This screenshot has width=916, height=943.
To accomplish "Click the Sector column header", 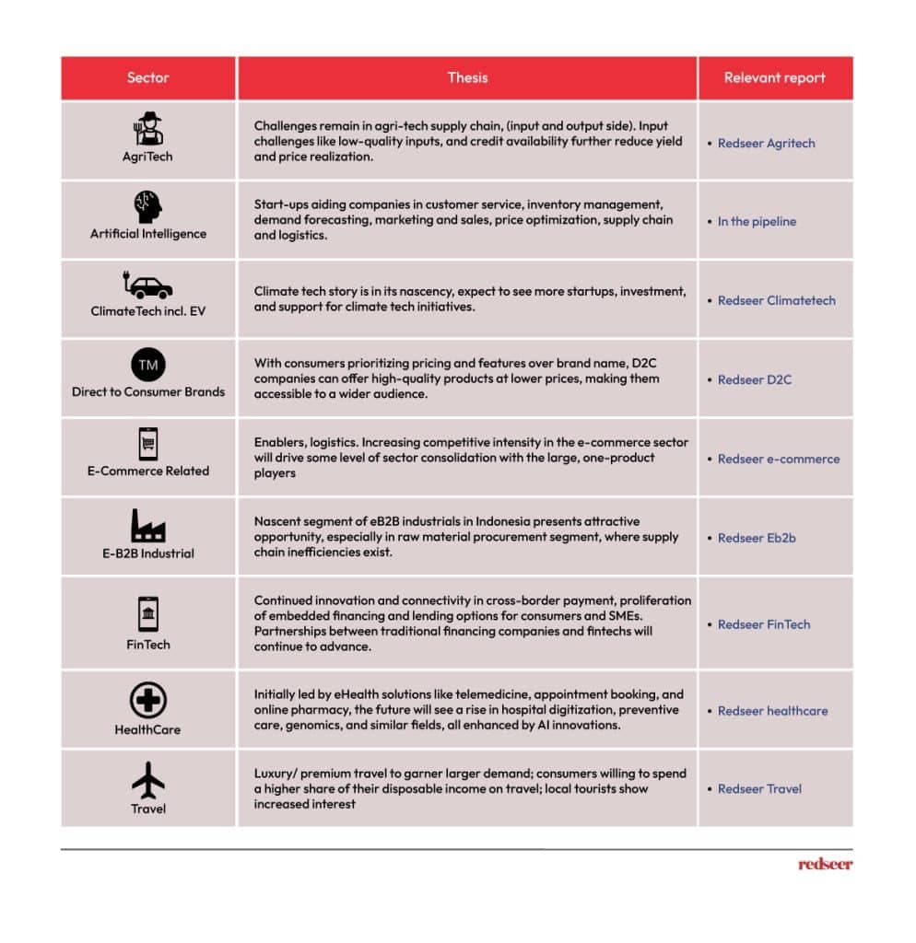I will click(x=148, y=78).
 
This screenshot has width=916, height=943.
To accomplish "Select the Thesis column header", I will click(x=467, y=78).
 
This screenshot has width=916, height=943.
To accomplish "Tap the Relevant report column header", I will click(x=775, y=78).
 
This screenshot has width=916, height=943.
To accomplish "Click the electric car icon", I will click(x=148, y=285).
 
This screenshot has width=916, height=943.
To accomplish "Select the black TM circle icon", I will click(x=148, y=365).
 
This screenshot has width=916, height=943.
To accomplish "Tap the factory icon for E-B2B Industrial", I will click(x=148, y=526).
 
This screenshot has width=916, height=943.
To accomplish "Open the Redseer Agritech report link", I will click(x=766, y=144).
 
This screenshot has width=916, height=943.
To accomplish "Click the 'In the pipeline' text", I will click(x=757, y=222).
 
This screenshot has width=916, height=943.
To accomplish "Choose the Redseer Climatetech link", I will click(x=776, y=301).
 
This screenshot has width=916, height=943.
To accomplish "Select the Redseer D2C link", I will click(x=754, y=379).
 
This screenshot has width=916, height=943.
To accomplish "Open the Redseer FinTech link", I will click(x=764, y=624).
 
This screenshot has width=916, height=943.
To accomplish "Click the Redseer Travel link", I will click(x=759, y=789).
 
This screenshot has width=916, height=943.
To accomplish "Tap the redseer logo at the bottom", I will click(x=825, y=865).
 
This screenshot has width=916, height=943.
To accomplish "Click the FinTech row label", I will click(x=148, y=645).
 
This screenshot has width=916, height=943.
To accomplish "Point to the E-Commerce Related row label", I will click(x=148, y=471).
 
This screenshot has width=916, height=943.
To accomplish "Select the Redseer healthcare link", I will click(x=772, y=711).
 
